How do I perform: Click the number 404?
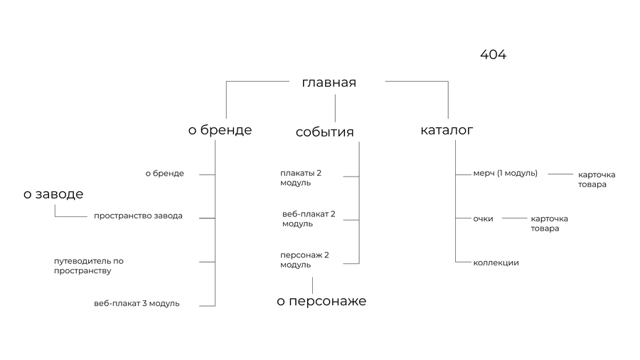point(493,54)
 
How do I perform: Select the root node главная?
point(329,83)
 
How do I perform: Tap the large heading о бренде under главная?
point(220,129)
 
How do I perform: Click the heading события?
point(324,132)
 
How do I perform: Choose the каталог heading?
point(447,130)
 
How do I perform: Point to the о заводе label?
point(53,194)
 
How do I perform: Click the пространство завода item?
point(138,216)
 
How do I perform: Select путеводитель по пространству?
point(89,265)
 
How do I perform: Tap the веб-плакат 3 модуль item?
point(137,304)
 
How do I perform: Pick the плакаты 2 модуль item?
point(301,178)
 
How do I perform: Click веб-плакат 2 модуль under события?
point(309,219)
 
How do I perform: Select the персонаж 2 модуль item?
point(304,260)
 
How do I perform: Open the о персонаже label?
point(321,301)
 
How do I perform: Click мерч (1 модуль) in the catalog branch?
point(506,174)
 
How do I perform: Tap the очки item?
point(484,219)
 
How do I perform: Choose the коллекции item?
point(496,263)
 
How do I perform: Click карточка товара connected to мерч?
point(597,179)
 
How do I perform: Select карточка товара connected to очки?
point(550,223)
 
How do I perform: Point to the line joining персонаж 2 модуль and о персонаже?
point(313,286)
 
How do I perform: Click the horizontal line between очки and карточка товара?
point(514,218)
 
